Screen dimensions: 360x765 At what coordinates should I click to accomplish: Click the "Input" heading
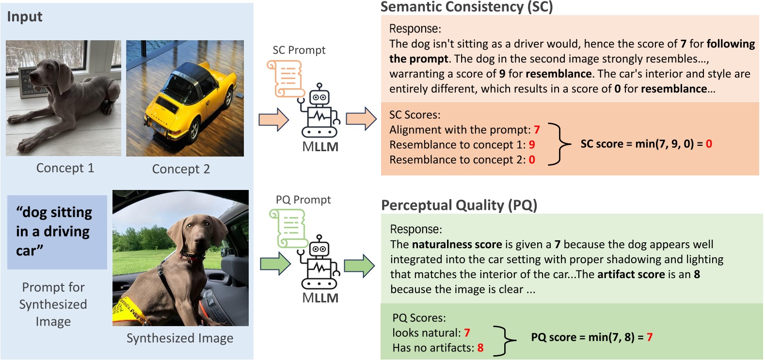pyautogui.click(x=25, y=17)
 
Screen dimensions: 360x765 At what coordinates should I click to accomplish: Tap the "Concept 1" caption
pyautogui.click(x=65, y=168)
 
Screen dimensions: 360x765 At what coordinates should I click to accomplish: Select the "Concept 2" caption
pyautogui.click(x=181, y=169)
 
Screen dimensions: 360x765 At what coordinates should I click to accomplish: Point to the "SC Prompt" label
pyautogui.click(x=299, y=50)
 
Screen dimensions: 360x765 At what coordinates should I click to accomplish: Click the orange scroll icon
pyautogui.click(x=285, y=78)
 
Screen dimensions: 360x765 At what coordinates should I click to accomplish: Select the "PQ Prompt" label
pyautogui.click(x=303, y=200)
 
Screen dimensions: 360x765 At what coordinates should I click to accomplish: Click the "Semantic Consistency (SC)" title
pyautogui.click(x=466, y=7)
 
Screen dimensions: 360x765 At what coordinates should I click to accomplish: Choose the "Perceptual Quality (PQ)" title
pyautogui.click(x=459, y=205)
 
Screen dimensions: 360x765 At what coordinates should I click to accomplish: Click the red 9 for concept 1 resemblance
pyautogui.click(x=532, y=145)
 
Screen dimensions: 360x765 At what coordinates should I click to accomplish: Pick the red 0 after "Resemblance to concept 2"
pyautogui.click(x=532, y=160)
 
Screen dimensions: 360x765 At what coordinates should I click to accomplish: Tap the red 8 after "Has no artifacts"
pyautogui.click(x=480, y=348)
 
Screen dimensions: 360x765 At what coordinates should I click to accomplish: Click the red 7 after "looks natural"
pyautogui.click(x=467, y=333)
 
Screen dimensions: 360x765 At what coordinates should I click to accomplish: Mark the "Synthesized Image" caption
pyautogui.click(x=180, y=338)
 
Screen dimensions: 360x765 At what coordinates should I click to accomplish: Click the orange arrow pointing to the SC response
pyautogui.click(x=361, y=119)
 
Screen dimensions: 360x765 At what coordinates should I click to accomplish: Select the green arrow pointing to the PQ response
pyautogui.click(x=359, y=266)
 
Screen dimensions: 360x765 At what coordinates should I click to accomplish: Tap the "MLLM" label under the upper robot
pyautogui.click(x=320, y=147)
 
